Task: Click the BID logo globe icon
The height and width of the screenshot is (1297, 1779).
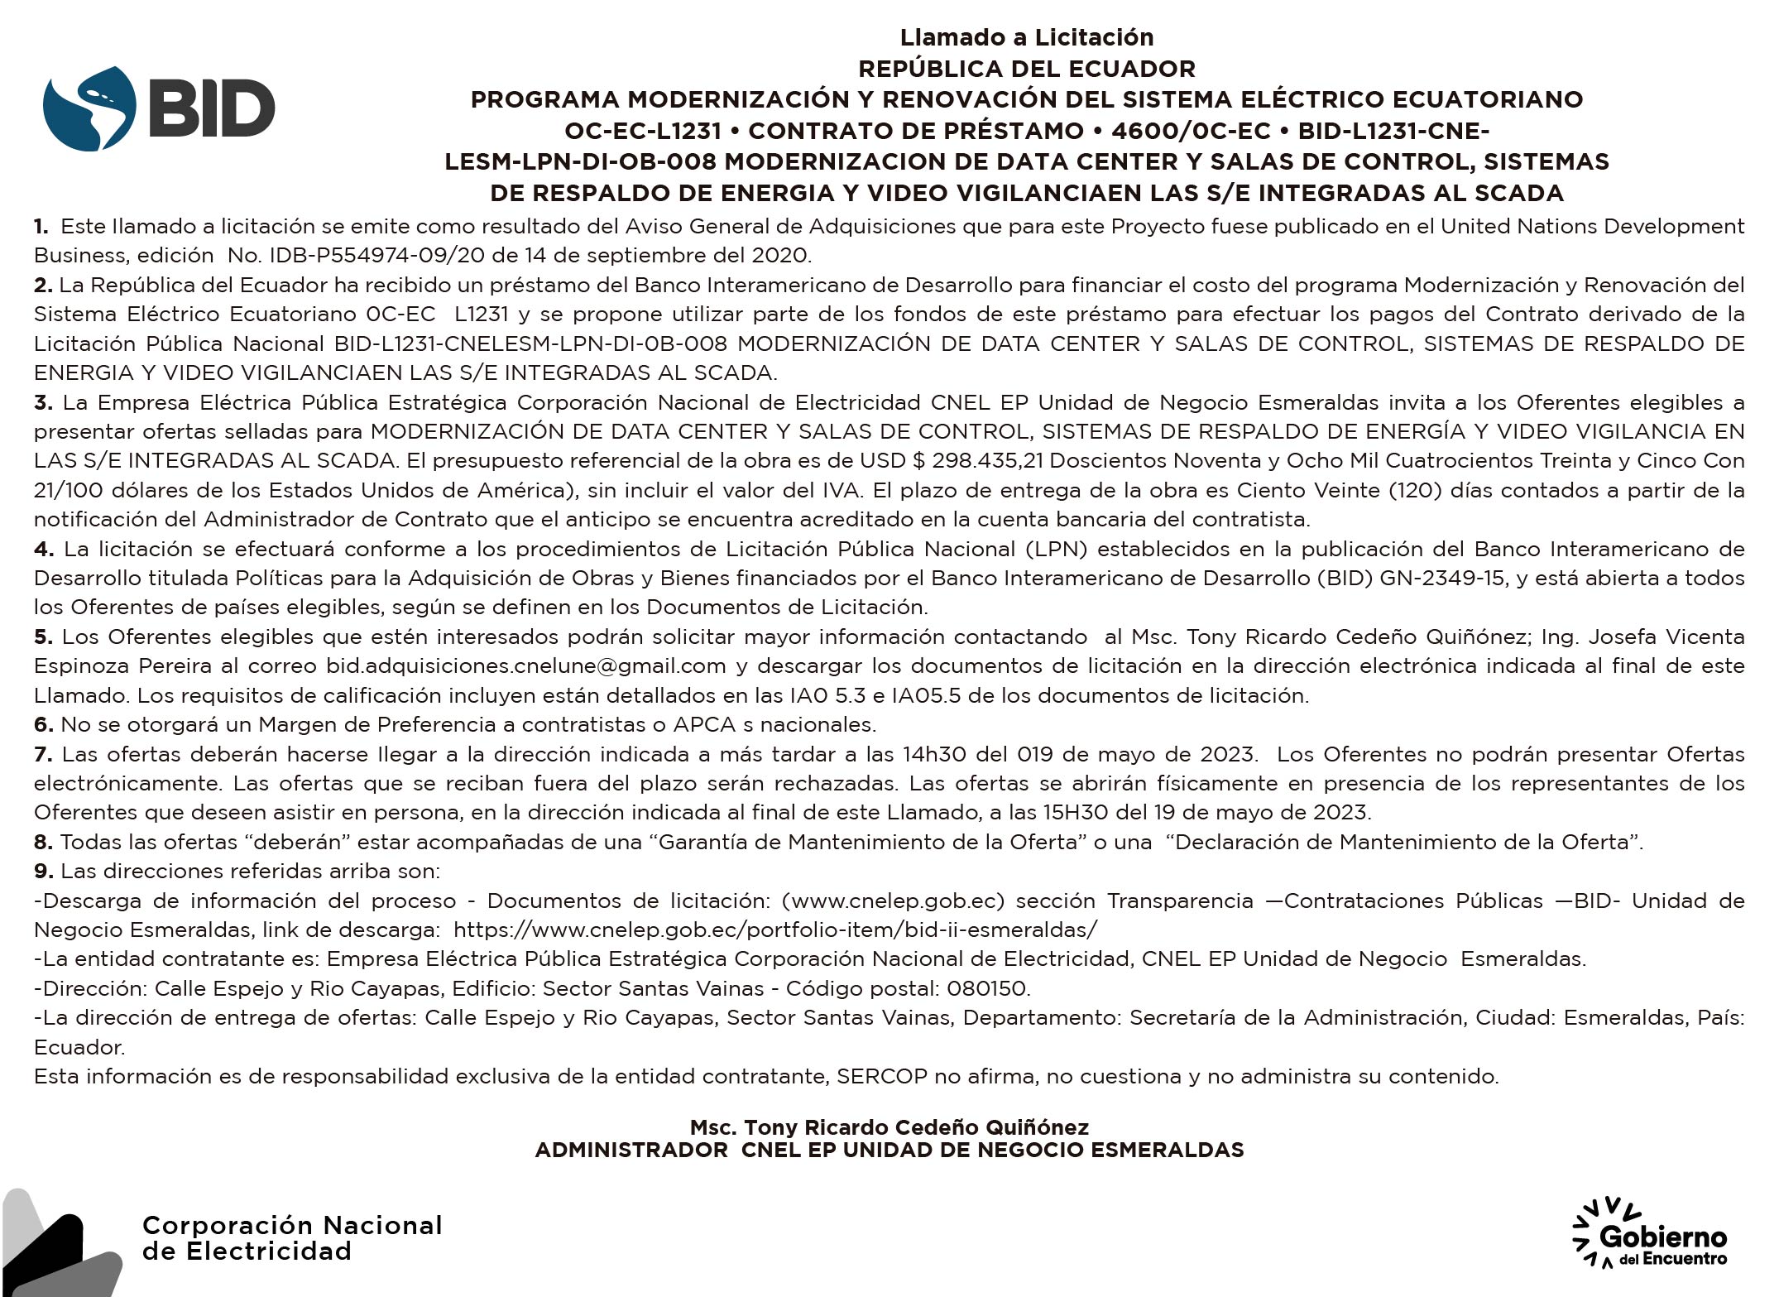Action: point(89,108)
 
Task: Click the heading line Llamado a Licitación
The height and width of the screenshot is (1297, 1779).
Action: point(1026,37)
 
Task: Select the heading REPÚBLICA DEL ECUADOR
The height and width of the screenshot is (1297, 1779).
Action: point(1026,69)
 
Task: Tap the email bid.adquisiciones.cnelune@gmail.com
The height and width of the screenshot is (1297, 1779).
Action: point(525,666)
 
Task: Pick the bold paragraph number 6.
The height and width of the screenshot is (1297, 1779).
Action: point(43,725)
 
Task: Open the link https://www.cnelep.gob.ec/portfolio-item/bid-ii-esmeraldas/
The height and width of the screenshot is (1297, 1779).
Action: point(775,930)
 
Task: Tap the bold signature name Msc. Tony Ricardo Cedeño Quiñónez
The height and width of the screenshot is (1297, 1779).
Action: point(889,1127)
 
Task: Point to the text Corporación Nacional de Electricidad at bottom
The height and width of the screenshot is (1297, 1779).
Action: point(291,1238)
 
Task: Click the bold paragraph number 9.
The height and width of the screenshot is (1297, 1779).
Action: point(43,872)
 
